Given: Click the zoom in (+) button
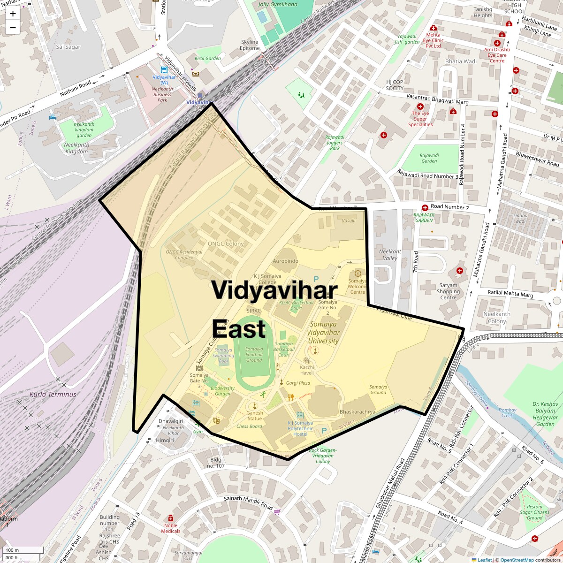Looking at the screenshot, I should point(13,14).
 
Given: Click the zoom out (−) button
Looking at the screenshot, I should point(13,28).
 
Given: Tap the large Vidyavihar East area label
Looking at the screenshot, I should point(274,309).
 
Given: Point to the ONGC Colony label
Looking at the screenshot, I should point(226,244).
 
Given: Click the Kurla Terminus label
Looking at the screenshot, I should point(53,395).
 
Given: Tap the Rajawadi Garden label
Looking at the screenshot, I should point(429,158).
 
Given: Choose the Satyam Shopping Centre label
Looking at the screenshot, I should point(448,291).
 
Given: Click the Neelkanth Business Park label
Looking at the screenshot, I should point(162,94).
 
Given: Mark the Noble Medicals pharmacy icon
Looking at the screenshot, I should point(170,518).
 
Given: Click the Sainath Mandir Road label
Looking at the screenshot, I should point(248,503).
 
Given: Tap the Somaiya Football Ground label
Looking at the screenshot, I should point(254,354).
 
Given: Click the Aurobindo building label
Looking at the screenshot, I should point(285,261).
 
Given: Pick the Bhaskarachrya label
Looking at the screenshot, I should point(358,412).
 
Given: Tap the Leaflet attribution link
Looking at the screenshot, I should point(484,560).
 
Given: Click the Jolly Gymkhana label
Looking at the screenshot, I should point(278,5).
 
